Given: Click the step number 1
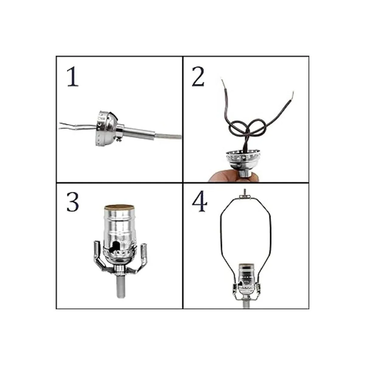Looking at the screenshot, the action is (73, 77).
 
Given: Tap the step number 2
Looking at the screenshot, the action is (198, 76).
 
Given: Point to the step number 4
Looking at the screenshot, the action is (200, 202).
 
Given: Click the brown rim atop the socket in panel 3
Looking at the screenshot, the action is (118, 207).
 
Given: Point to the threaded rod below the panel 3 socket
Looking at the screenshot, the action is (121, 288).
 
